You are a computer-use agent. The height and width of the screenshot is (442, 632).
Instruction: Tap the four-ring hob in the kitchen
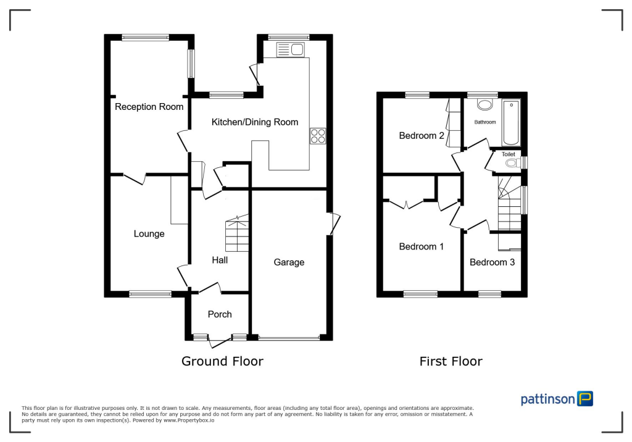pos(318,135)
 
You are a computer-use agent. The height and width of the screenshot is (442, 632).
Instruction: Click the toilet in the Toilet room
pos(512,164)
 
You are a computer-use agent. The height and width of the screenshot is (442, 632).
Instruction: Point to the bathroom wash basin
pos(485,104)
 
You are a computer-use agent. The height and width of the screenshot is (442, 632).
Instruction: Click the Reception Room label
pos(149,107)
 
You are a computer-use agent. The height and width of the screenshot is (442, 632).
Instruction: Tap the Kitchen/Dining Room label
pos(254,122)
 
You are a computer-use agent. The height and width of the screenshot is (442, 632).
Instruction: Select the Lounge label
pos(149,234)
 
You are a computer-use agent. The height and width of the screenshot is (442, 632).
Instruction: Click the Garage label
pos(289,262)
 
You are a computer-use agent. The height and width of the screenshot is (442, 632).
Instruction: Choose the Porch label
pos(219,314)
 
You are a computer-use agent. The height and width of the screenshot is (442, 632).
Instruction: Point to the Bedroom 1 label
pos(422,247)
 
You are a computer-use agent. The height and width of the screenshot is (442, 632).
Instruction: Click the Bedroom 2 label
pos(422,136)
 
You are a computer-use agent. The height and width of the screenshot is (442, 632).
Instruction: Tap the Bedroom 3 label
pos(492,262)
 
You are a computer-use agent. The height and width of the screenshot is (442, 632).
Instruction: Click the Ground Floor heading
pos(222,361)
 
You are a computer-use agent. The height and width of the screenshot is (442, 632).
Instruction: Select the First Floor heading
pos(451,361)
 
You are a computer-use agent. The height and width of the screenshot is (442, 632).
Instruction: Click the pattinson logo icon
pos(584,399)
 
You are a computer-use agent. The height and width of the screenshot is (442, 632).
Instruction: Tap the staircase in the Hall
pos(236,233)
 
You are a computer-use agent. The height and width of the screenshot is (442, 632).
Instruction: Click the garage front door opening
pos(289,338)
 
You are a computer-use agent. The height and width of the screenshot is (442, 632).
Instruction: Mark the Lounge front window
pos(150,294)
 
